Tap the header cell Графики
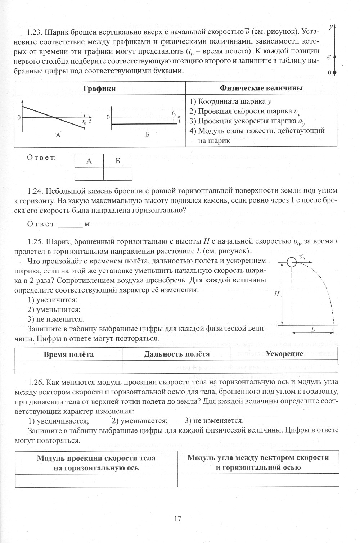pos(100,89)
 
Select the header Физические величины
pos(261,88)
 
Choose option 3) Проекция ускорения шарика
pos(247,121)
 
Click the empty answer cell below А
pos(89,174)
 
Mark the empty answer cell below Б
pos(118,174)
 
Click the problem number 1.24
pos(35,190)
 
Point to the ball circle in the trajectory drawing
pos(292,262)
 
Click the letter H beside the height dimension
pos(276,294)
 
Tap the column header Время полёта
pos(68,354)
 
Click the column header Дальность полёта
pos(176,354)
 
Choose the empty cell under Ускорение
pos(284,367)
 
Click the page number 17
pos(177,519)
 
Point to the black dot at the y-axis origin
pos(334,72)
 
